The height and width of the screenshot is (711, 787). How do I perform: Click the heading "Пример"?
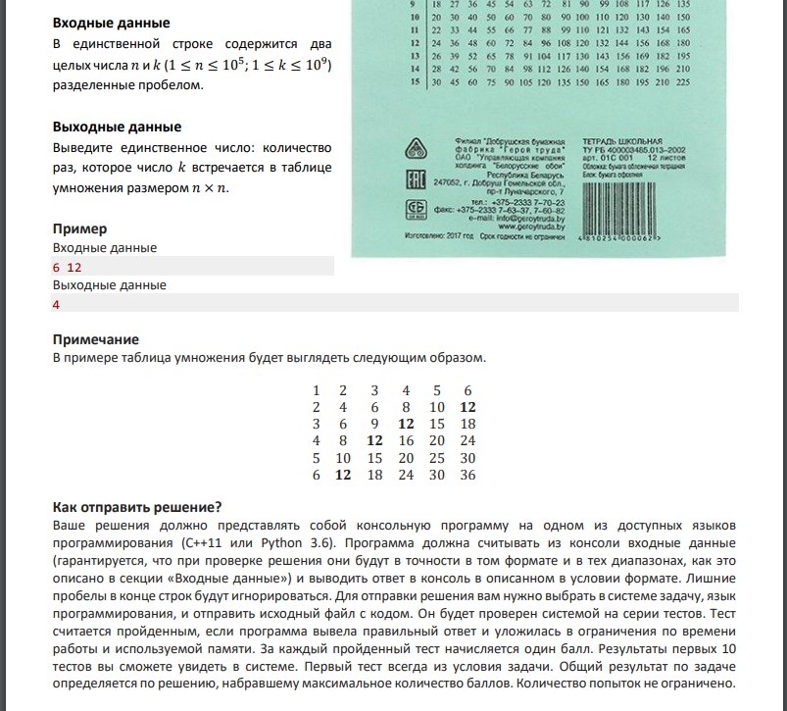click(x=79, y=229)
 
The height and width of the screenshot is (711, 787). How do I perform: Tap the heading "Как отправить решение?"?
click(x=136, y=507)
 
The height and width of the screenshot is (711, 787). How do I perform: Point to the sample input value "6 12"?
click(x=67, y=267)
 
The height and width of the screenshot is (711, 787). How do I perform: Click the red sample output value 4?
click(x=57, y=305)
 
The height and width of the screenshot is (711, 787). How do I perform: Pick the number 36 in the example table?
click(x=467, y=475)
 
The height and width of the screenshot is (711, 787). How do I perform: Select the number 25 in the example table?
click(x=437, y=458)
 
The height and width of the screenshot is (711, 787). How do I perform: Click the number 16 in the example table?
click(x=406, y=441)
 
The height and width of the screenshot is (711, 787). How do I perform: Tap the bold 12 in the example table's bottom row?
click(x=344, y=475)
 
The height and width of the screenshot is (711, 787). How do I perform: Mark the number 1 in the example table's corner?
click(x=316, y=390)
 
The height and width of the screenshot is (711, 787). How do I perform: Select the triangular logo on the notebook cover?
click(x=415, y=149)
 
